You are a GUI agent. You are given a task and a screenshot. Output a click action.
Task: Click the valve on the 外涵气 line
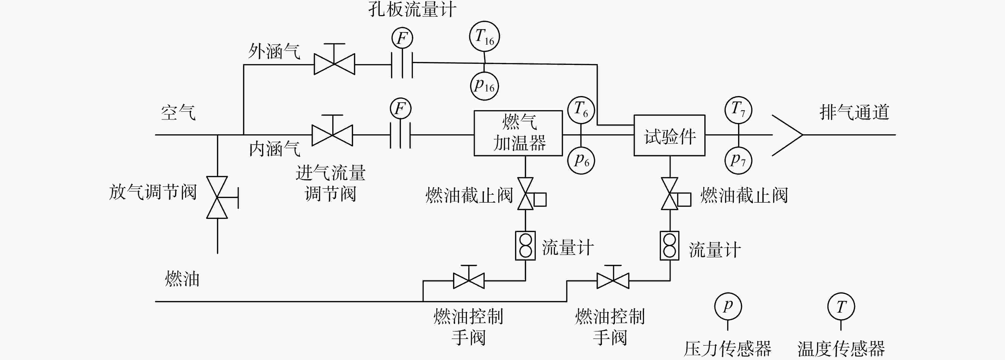[x=334, y=59]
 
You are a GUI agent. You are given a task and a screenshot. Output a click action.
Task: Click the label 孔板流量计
[x=412, y=9]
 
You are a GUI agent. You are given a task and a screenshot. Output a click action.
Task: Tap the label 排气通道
[x=855, y=112]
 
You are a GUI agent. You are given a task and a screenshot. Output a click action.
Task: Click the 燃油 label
[x=182, y=279]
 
